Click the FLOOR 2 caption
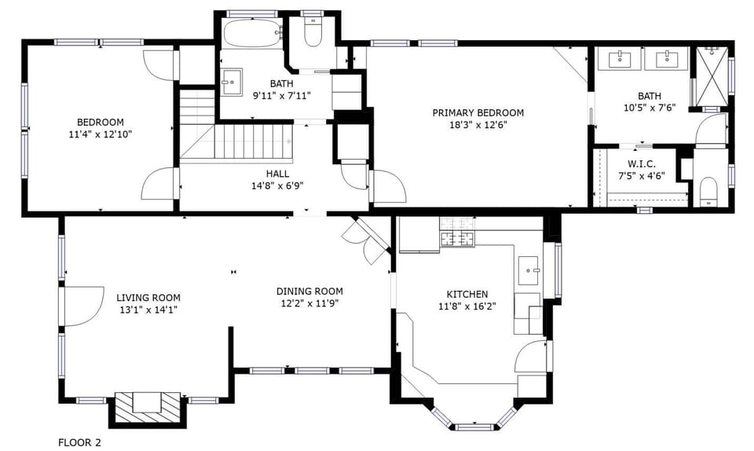[79, 442]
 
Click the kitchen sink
[531, 269]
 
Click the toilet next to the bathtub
[313, 32]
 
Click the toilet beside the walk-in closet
[708, 192]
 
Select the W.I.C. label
[641, 163]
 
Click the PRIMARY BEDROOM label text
[478, 112]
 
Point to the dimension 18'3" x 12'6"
[478, 124]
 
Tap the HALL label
[276, 174]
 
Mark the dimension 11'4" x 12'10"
[100, 134]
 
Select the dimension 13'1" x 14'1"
[148, 310]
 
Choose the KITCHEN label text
[467, 294]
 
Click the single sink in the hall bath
[232, 80]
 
